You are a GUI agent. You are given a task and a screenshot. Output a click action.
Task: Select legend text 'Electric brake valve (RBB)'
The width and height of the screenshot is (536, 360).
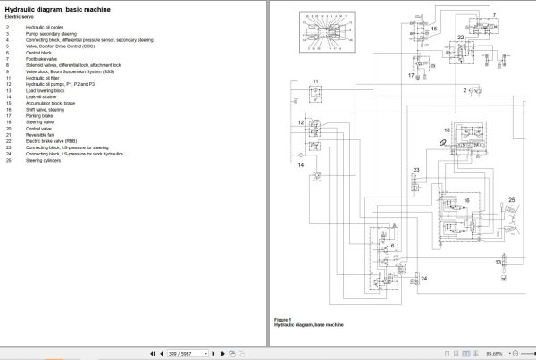(x=52, y=140)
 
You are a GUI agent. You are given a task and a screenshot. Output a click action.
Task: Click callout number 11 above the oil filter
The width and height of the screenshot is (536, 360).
(x=316, y=81)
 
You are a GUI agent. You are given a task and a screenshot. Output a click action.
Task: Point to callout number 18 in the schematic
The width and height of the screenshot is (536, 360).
(x=447, y=131)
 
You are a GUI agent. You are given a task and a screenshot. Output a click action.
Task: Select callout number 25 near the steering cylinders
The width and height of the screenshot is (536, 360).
(x=511, y=199)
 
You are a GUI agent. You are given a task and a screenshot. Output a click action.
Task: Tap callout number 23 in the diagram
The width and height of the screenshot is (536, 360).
(x=416, y=170)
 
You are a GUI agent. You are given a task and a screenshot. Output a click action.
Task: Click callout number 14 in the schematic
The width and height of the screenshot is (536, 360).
(x=301, y=166)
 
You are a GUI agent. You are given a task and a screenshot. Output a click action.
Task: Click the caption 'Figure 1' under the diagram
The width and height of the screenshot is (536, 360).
(x=285, y=319)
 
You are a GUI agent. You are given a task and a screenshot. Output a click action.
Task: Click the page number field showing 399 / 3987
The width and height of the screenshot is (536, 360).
(x=187, y=354)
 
